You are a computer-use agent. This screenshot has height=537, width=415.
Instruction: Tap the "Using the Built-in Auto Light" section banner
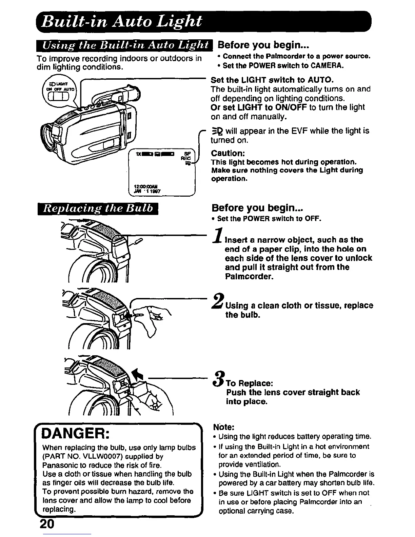click(x=125, y=45)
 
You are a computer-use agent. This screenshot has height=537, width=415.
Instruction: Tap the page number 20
click(x=47, y=524)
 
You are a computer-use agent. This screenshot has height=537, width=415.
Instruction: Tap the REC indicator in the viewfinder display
click(x=186, y=158)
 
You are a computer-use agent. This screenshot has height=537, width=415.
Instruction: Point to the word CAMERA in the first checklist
click(x=330, y=65)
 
